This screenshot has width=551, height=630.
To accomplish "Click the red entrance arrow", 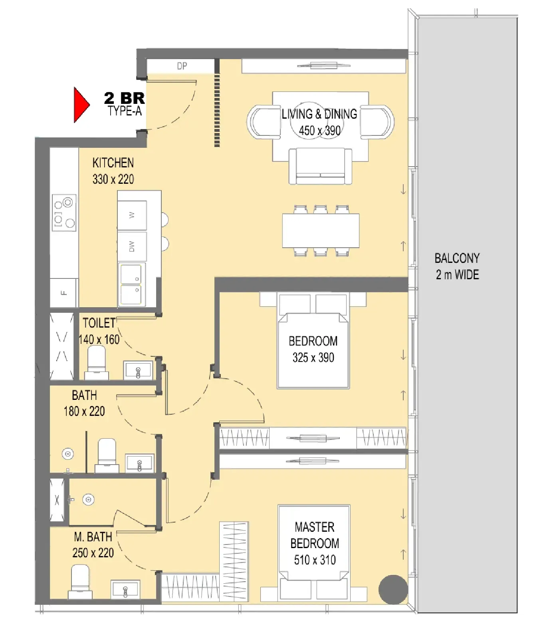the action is point(81,105).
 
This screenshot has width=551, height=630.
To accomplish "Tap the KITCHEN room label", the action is point(113,163).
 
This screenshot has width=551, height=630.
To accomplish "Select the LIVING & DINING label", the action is point(319,114).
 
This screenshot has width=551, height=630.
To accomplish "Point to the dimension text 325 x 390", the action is point(313,358).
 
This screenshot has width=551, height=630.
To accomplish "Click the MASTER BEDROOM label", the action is point(315,535).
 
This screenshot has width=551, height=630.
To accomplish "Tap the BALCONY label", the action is point(457,258).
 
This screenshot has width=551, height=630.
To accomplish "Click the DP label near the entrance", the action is point(182,66).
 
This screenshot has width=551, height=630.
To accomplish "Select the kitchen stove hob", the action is point(64,213).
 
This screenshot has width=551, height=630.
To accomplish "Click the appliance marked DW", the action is point(132,246).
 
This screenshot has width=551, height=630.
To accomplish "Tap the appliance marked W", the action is point(132,215).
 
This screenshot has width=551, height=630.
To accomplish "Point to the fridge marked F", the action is point(63,293).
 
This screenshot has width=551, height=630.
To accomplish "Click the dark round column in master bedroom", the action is point(393,589).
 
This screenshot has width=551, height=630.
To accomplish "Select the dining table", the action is point(321,231).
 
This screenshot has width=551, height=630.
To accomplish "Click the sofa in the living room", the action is point(320,166).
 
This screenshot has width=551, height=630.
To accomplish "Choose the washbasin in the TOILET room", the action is point(138,370).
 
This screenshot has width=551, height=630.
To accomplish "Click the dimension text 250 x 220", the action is point(93,553).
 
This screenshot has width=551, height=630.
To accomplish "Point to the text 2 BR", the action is point(125,98).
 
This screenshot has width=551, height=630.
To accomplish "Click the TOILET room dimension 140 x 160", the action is point(99,340).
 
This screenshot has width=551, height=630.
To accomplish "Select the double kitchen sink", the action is point(131,284).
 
